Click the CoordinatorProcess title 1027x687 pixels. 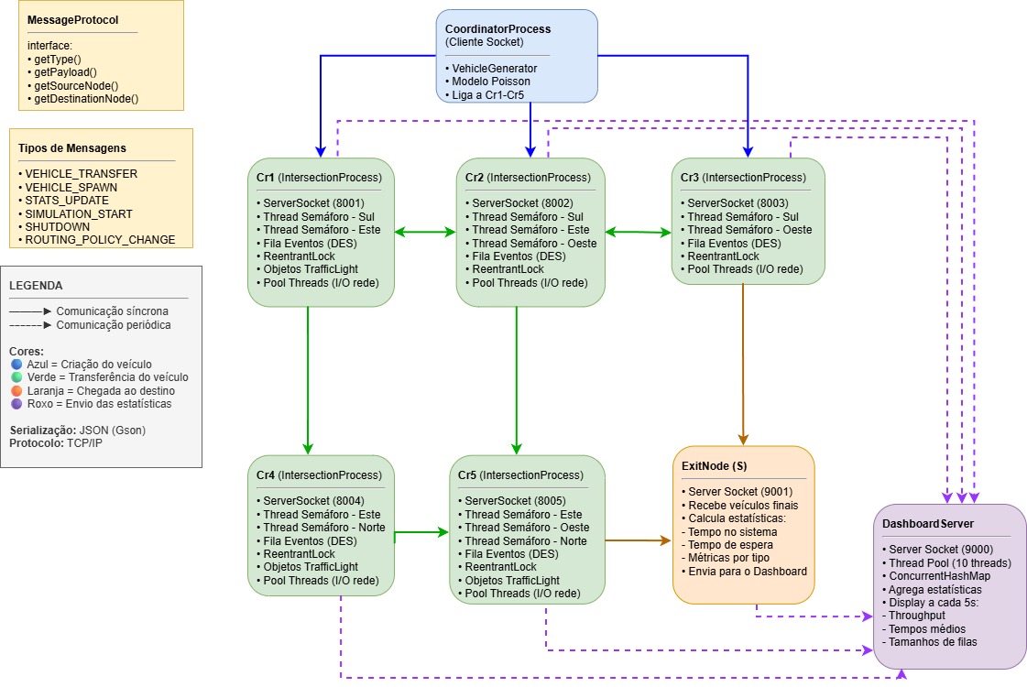pyautogui.click(x=497, y=29)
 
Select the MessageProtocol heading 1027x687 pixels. pyautogui.click(x=73, y=20)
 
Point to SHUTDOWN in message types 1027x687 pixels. pyautogui.click(x=57, y=227)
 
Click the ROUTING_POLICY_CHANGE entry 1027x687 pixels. pyautogui.click(x=99, y=240)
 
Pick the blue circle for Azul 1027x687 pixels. pyautogui.click(x=16, y=365)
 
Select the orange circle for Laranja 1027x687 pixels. pyautogui.click(x=16, y=390)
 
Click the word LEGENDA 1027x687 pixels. pyautogui.click(x=35, y=286)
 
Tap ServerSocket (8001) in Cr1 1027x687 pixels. pyautogui.click(x=306, y=203)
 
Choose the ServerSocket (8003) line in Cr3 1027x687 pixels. pyautogui.click(x=730, y=203)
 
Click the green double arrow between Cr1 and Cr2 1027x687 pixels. pyautogui.click(x=425, y=233)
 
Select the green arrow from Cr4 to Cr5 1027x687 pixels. pyautogui.click(x=425, y=531)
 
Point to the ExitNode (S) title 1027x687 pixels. pyautogui.click(x=715, y=465)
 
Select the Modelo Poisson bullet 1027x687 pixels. pyautogui.click(x=487, y=82)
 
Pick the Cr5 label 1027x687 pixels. pyautogui.click(x=467, y=475)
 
